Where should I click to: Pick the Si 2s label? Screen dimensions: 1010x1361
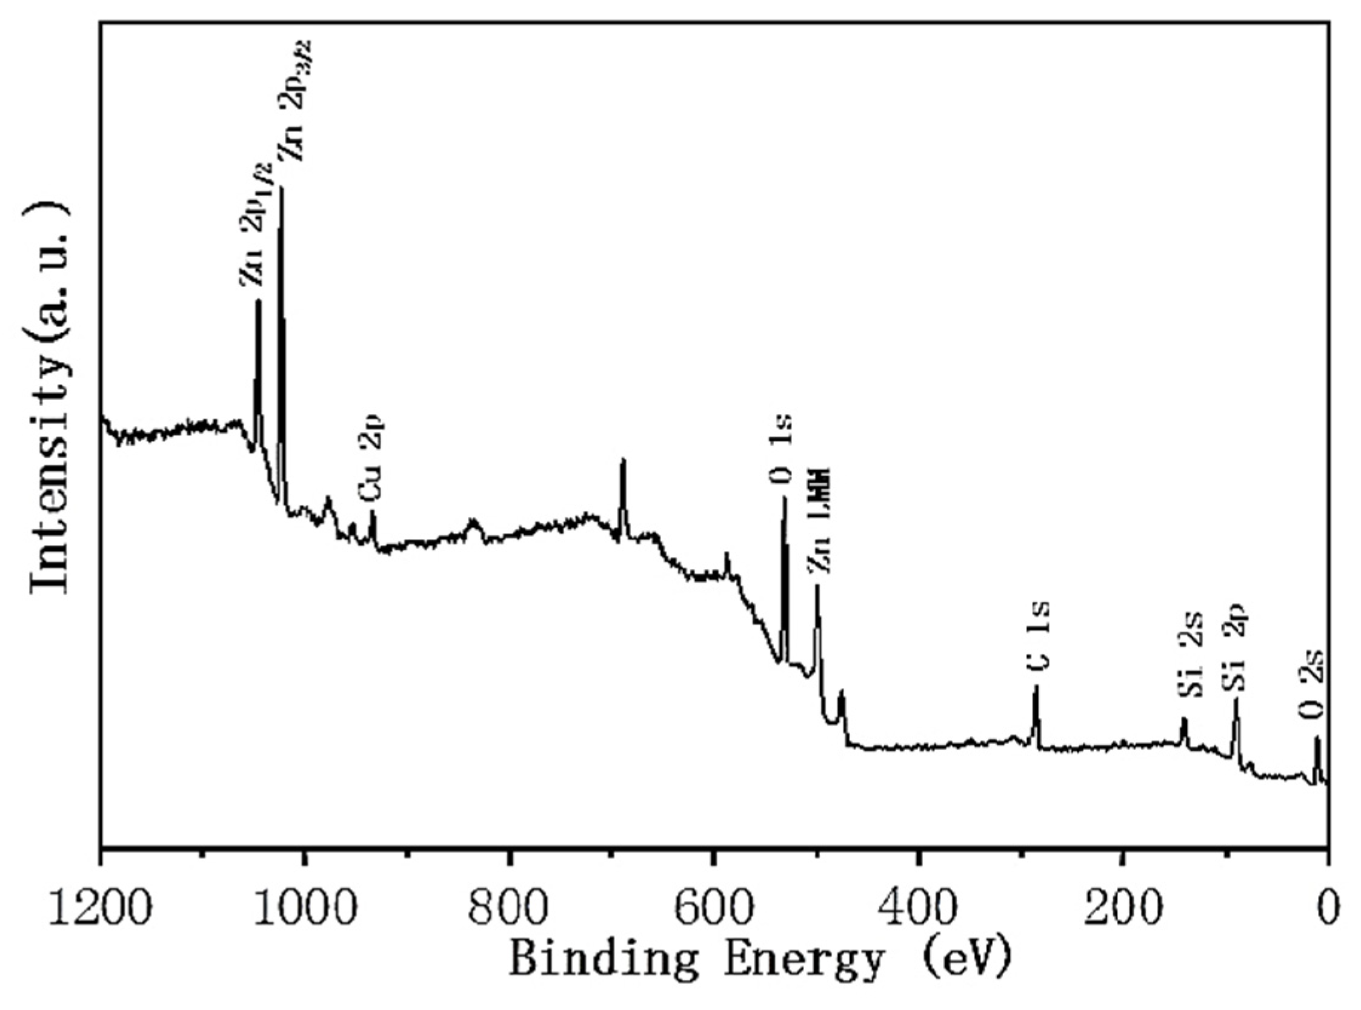(x=1190, y=664)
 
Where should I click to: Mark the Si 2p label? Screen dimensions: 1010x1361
(x=1234, y=655)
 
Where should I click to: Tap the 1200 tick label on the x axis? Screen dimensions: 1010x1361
(x=101, y=904)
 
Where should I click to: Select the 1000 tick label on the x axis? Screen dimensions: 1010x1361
(x=304, y=904)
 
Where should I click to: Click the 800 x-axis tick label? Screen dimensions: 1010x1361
(x=508, y=904)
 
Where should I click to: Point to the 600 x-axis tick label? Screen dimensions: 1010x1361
(x=713, y=904)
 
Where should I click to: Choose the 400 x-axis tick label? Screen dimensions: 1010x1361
(x=917, y=904)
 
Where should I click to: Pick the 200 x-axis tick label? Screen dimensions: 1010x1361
(x=1122, y=904)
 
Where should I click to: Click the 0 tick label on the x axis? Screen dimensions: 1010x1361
(x=1326, y=904)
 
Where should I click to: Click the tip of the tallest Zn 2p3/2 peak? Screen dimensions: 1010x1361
(x=281, y=188)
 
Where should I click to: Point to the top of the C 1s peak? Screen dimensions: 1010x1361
(x=1036, y=687)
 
